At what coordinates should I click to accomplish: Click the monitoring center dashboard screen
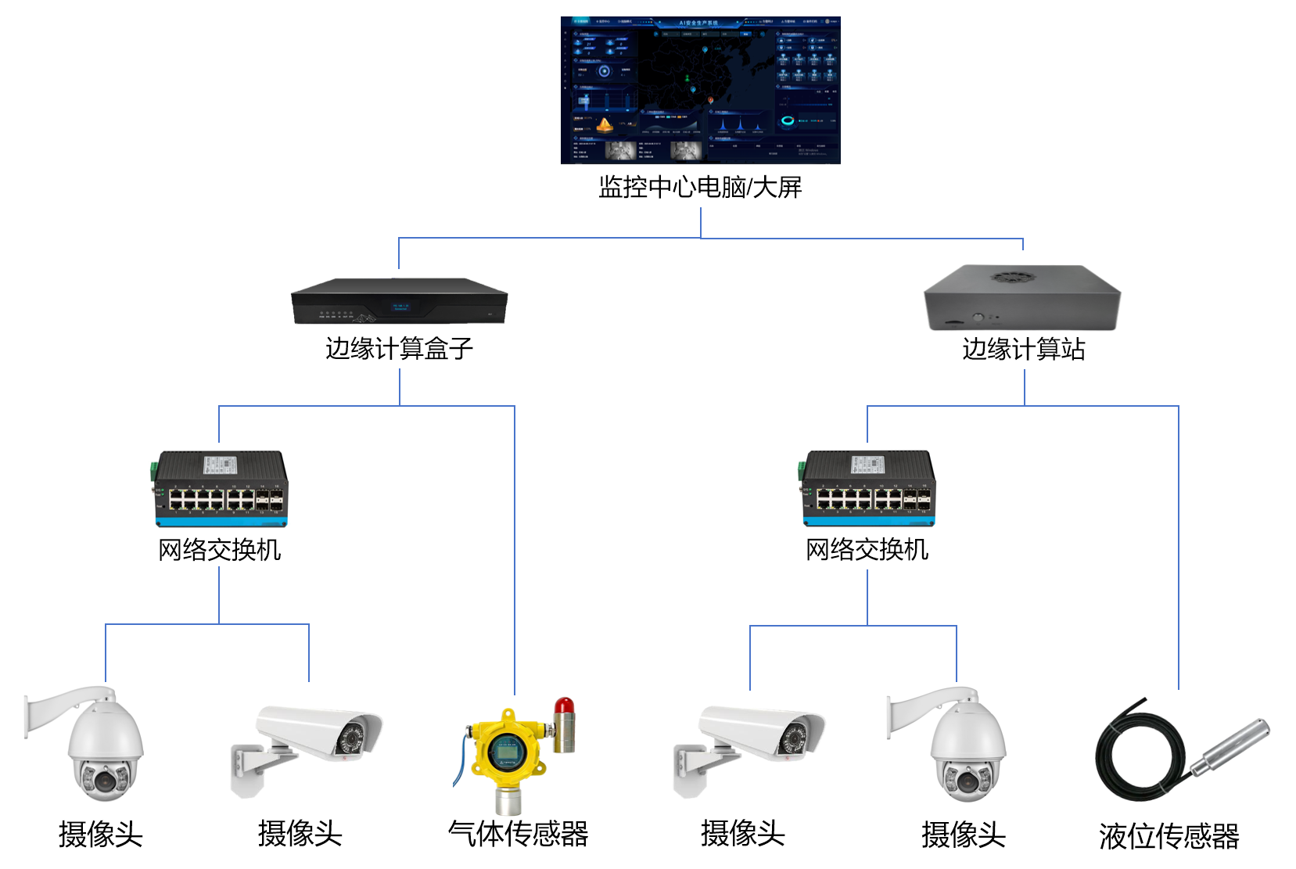[x=700, y=90]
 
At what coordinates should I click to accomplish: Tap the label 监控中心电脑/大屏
[x=700, y=188]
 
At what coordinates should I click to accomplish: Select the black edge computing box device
[x=399, y=301]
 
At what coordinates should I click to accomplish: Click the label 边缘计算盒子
[x=399, y=349]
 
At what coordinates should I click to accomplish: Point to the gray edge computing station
[x=1022, y=299]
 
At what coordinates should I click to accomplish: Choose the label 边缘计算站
[x=1023, y=349]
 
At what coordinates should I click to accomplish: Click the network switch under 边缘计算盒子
[x=221, y=489]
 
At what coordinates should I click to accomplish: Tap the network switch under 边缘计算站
[x=868, y=489]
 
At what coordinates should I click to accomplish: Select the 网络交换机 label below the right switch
[x=867, y=550]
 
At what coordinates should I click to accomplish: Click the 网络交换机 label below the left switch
[x=220, y=550]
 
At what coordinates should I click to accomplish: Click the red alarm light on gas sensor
[x=564, y=708]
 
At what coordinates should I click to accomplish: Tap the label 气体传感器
[x=518, y=834]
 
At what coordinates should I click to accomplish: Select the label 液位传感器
[x=1169, y=836]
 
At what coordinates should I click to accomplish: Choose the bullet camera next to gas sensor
[x=313, y=739]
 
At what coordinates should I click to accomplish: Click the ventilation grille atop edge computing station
[x=1013, y=277]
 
